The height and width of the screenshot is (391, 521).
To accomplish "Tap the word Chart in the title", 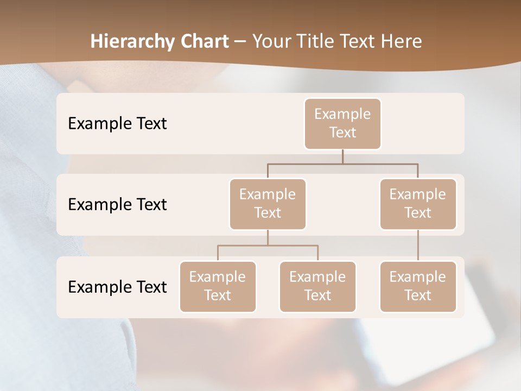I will coord(203,41).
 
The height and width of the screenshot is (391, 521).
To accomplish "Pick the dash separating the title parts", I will coord(240,42).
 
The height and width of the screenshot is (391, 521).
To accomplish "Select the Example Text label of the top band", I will coord(117,124).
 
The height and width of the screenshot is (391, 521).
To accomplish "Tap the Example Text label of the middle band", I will coord(117,205).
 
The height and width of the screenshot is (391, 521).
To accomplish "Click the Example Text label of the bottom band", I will coord(117,287).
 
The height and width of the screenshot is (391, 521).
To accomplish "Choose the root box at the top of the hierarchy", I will coord(342,124).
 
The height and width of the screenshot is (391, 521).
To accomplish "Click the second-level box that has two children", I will coord(268,204).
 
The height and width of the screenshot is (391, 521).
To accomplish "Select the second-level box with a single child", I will coord(418,204).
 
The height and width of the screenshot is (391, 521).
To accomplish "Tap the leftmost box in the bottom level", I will coord(218,287).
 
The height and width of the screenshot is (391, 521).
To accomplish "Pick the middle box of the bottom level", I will coord(317,287).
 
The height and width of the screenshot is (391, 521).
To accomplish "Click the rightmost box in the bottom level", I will coord(418,287).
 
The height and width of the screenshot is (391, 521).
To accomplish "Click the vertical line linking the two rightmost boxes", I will coord(418,245).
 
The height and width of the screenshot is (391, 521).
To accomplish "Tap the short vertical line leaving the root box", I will coord(342,156).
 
